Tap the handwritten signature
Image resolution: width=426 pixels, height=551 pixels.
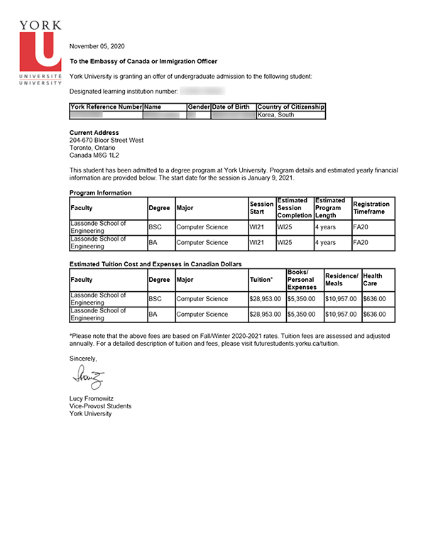coord(87,376)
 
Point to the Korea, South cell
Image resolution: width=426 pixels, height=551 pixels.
coord(276,115)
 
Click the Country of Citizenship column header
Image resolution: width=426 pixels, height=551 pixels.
coord(290,107)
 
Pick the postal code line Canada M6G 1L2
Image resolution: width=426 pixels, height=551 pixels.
coord(94,156)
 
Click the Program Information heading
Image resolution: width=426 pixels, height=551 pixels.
coord(100,193)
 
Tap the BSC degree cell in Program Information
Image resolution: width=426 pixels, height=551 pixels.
coord(155,227)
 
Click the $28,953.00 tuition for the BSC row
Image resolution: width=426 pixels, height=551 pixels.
coord(266,299)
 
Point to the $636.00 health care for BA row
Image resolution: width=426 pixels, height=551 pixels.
coord(374,315)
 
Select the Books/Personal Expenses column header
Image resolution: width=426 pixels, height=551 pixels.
coord(305,280)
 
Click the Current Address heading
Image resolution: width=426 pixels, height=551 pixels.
coord(94,133)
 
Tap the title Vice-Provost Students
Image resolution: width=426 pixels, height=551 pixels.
coord(100,406)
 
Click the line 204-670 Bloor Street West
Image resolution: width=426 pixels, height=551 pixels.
coord(106,141)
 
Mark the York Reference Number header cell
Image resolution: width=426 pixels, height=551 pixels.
coord(106,107)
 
